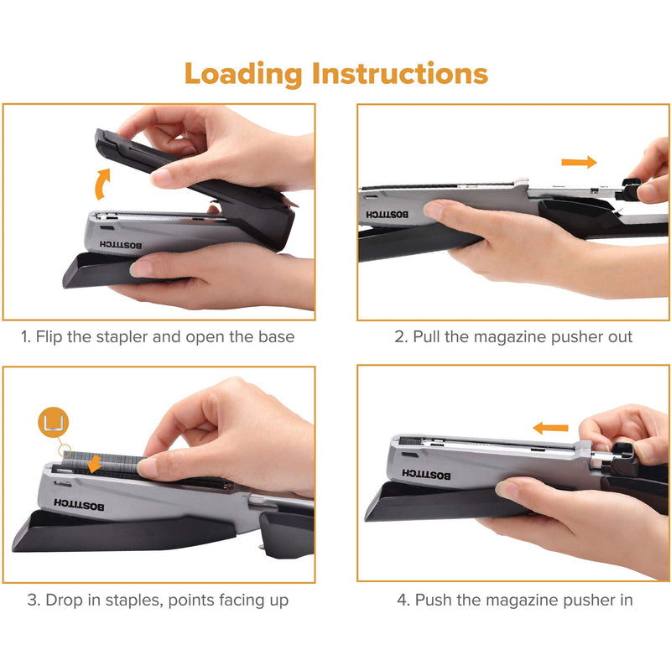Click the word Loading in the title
(243, 74)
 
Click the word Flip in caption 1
(55, 338)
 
